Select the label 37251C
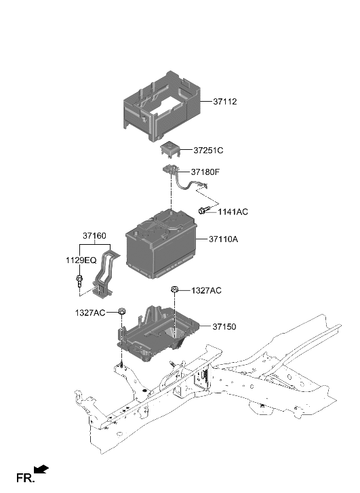(x=208, y=150)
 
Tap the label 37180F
(x=208, y=172)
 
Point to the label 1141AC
(x=233, y=212)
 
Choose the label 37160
(x=94, y=236)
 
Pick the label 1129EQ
(x=81, y=260)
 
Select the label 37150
(x=224, y=326)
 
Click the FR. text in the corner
(x=24, y=479)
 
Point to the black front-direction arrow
(x=41, y=469)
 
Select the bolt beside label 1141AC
(x=203, y=211)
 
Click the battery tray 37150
(x=156, y=332)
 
